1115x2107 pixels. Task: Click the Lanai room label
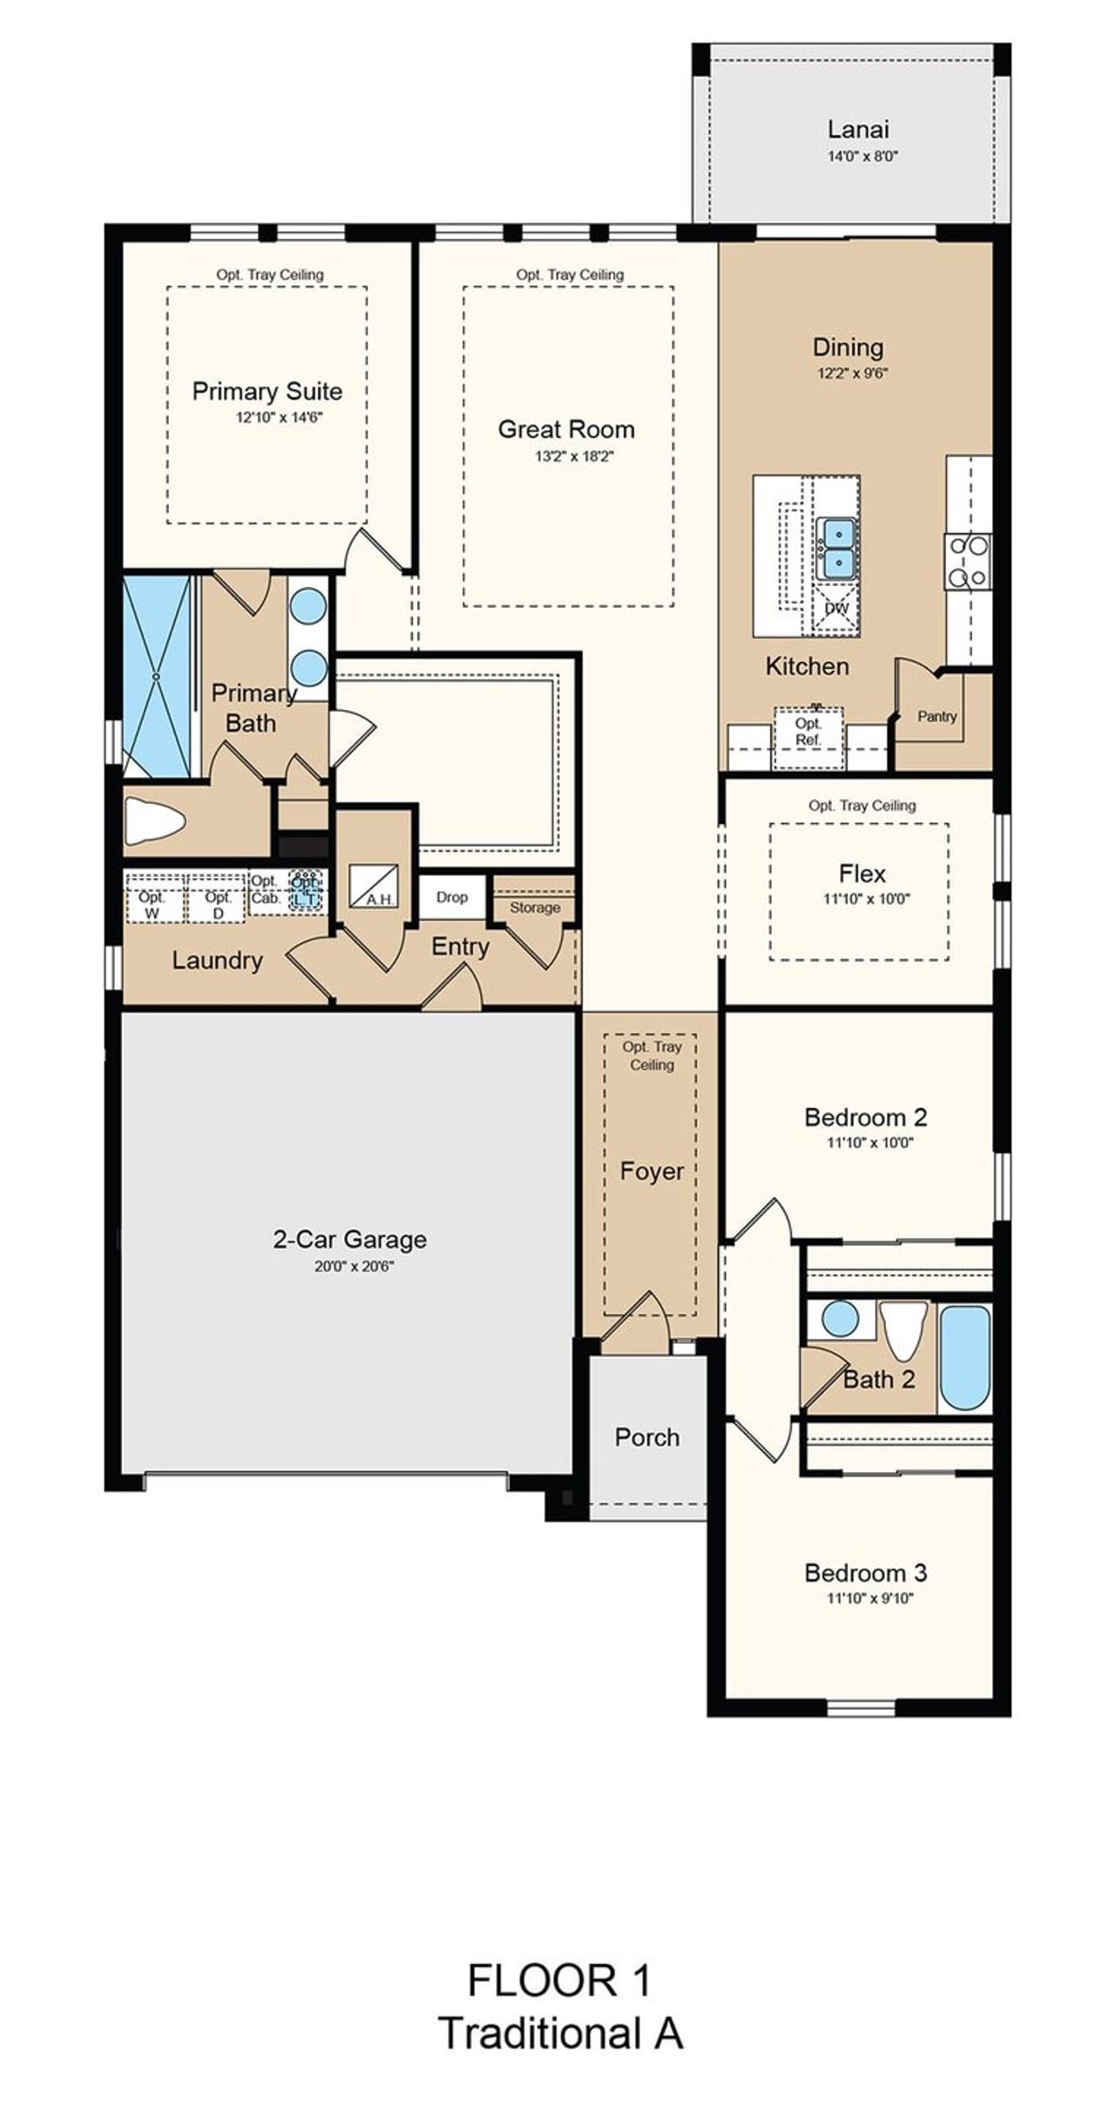(x=858, y=130)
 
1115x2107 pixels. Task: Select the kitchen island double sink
(x=836, y=549)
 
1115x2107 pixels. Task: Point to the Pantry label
(x=936, y=716)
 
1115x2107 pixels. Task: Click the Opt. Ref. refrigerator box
(x=808, y=732)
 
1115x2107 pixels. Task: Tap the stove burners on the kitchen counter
(x=968, y=562)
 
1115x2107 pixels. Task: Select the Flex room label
(x=862, y=874)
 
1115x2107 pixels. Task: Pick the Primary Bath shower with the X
(x=157, y=675)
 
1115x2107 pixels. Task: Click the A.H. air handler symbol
(x=374, y=886)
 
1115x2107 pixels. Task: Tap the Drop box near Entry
(x=452, y=897)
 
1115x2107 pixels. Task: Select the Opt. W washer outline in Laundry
(x=153, y=904)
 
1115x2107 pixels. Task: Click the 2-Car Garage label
(x=350, y=1239)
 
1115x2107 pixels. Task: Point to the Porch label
(x=646, y=1437)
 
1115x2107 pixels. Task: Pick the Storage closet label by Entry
(x=535, y=908)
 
